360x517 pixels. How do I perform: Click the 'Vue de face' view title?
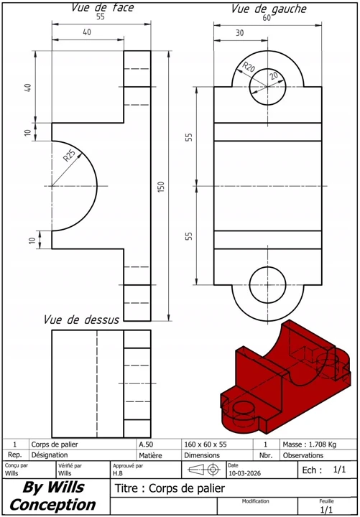pos(102,8)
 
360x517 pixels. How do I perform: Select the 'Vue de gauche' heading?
pos(268,9)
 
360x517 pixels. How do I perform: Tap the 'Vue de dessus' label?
pos(80,320)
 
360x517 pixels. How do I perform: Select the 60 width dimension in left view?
pos(267,19)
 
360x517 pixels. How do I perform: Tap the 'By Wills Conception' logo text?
pos(53,496)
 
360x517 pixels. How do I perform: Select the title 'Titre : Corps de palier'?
pos(170,488)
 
